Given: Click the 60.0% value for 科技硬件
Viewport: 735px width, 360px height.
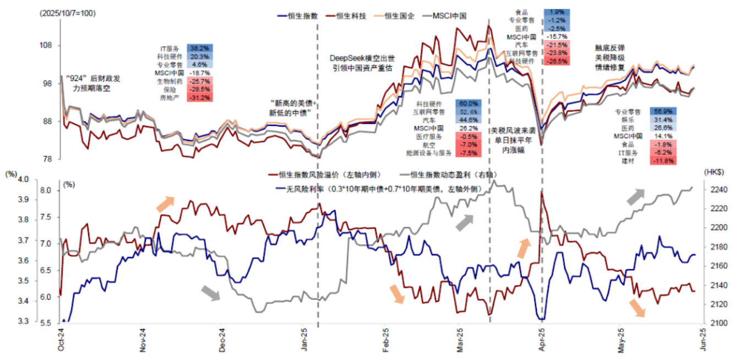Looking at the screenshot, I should [x=467, y=103].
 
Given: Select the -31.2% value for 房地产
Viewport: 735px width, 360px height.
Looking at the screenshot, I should [x=198, y=97].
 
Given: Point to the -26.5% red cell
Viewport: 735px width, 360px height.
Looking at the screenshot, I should [x=557, y=62].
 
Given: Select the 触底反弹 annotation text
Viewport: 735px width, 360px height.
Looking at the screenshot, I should [x=609, y=48].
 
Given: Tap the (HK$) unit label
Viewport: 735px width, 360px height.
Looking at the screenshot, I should [x=715, y=172].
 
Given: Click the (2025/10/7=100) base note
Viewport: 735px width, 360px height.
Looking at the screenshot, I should [x=67, y=13].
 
